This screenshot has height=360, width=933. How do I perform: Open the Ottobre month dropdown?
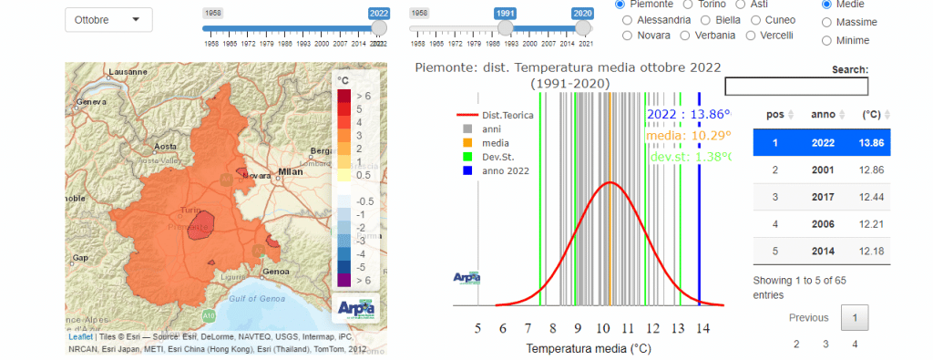pyautogui.click(x=108, y=19)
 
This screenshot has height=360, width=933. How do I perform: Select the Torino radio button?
pyautogui.click(x=680, y=5)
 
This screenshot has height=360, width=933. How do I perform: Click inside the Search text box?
pyautogui.click(x=795, y=86)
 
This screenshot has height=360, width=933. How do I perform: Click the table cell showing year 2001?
pyautogui.click(x=822, y=170)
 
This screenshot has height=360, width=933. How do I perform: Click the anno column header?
pyautogui.click(x=822, y=114)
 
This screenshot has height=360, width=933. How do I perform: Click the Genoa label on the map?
pyautogui.click(x=275, y=271)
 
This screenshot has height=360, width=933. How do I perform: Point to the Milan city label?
pyautogui.click(x=291, y=170)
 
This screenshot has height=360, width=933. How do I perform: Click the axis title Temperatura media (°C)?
pyautogui.click(x=589, y=348)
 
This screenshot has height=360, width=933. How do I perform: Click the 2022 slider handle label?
pyautogui.click(x=379, y=14)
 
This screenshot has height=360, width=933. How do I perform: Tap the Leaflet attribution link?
pyautogui.click(x=80, y=336)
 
